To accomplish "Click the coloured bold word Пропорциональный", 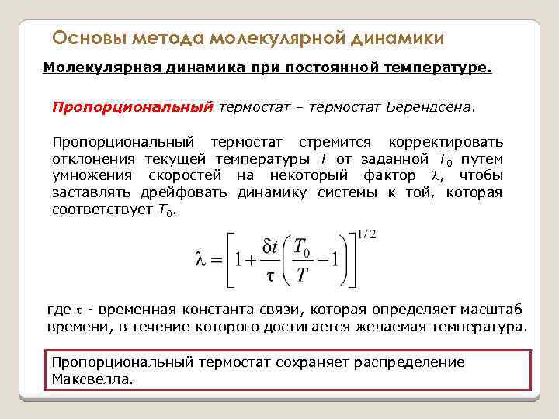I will click(131, 106).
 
